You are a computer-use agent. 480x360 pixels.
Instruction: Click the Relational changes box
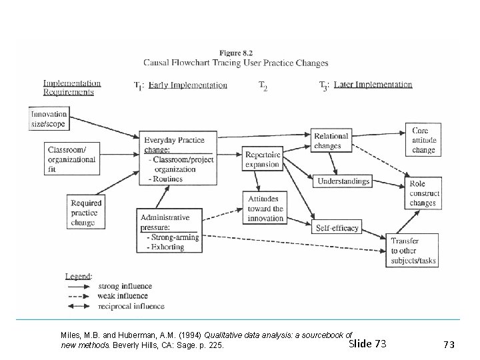(x=331, y=141)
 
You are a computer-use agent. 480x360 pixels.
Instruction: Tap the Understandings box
(x=343, y=181)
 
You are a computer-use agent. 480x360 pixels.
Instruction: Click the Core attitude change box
(x=423, y=141)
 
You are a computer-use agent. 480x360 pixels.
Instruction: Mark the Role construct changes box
(x=423, y=193)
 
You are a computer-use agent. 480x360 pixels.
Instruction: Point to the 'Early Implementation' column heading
(x=187, y=85)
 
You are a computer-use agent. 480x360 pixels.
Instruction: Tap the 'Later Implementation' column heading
(x=373, y=85)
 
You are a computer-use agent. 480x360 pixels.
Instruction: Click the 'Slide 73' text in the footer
(x=367, y=344)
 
